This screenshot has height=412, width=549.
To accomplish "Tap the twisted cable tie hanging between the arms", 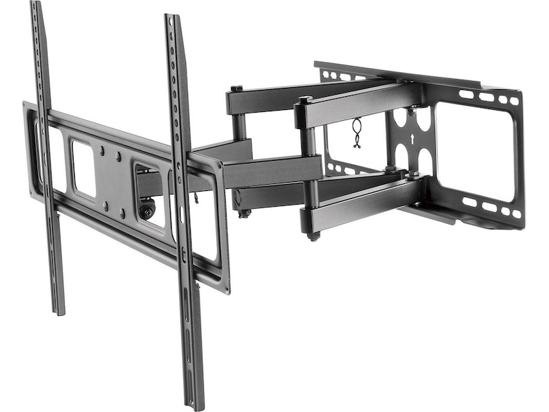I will click(357, 133).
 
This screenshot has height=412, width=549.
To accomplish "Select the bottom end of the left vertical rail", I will click(60, 311).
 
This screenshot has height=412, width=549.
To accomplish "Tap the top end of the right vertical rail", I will click(170, 17).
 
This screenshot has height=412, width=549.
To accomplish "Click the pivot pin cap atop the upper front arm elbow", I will click(305, 100).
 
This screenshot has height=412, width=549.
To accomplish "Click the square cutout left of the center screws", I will click(82, 168).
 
